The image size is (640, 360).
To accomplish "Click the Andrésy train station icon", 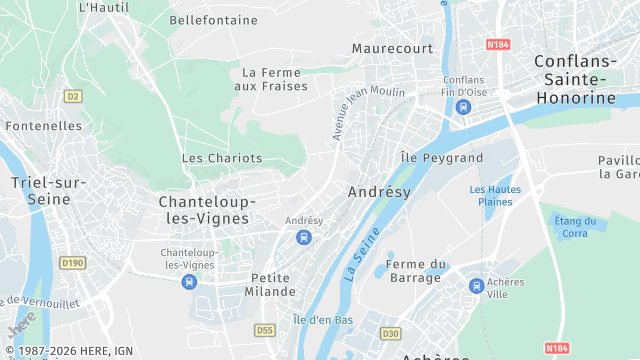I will [x=304, y=237].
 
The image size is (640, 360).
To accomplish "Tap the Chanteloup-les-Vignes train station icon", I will [x=189, y=281].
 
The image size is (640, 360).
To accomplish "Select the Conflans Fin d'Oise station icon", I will [x=462, y=106].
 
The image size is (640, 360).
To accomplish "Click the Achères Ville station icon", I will [x=476, y=286].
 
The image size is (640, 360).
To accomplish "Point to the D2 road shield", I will [x=71, y=96].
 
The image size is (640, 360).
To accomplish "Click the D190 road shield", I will [x=72, y=263].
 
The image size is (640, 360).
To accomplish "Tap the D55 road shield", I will [x=265, y=329].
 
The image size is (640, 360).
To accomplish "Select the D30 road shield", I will [x=390, y=333].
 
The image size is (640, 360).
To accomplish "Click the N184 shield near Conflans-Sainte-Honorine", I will [x=499, y=45].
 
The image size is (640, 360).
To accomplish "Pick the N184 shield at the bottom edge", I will [x=557, y=348].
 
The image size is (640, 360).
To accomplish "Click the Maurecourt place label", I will [x=392, y=48].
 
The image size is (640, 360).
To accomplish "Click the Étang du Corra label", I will [x=575, y=227].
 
